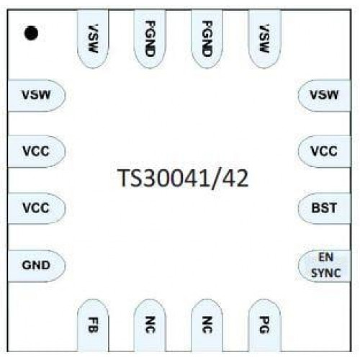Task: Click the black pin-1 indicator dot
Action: [x=31, y=33]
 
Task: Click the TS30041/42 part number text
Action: [x=183, y=178]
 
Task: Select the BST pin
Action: [x=325, y=208]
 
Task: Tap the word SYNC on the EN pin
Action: [x=326, y=273]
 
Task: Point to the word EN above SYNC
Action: [x=326, y=257]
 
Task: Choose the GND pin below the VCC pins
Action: [x=37, y=266]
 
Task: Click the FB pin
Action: [x=93, y=325]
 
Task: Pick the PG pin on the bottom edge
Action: [x=264, y=325]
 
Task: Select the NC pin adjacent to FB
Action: [x=150, y=325]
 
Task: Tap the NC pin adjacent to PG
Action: [x=207, y=325]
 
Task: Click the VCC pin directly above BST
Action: [x=325, y=151]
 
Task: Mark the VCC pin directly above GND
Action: [x=37, y=208]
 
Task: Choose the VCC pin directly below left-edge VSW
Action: [x=37, y=151]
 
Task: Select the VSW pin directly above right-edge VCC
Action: [x=325, y=95]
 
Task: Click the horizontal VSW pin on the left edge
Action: [x=37, y=95]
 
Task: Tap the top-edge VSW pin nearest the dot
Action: [x=93, y=38]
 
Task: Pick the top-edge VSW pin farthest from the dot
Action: [x=264, y=38]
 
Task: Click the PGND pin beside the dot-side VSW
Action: [x=150, y=38]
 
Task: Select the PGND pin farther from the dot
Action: [x=207, y=38]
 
